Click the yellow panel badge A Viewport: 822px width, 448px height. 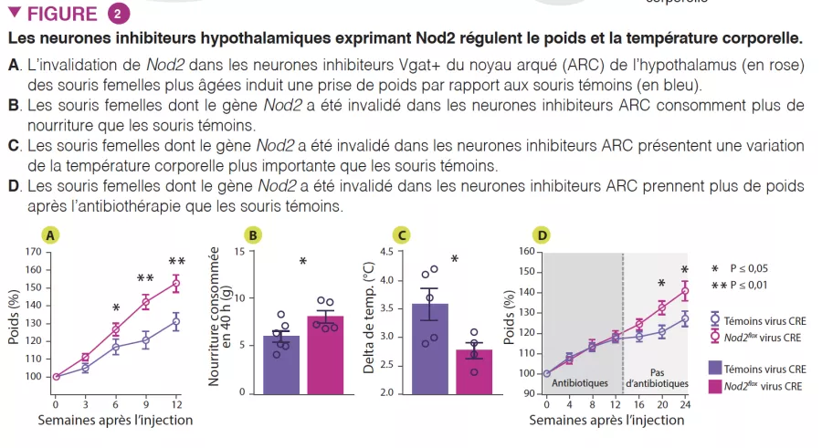click(53, 235)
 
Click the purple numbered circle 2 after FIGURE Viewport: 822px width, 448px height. click(118, 14)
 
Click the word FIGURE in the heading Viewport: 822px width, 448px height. click(62, 14)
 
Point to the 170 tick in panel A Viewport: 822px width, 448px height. click(33, 252)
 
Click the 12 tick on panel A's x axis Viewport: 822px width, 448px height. click(176, 403)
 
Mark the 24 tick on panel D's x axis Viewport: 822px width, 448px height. click(685, 403)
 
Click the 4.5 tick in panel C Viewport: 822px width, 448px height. click(385, 252)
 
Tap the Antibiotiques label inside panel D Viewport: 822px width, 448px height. click(583, 381)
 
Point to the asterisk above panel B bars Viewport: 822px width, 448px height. click(303, 263)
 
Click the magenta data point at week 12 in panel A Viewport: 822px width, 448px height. click(176, 283)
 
